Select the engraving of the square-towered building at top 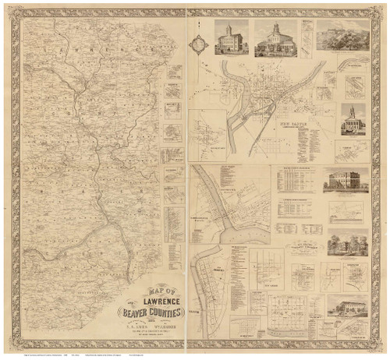[232, 38]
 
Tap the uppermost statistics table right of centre [296, 182]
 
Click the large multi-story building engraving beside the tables [346, 182]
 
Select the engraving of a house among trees [347, 245]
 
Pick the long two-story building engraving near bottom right [347, 306]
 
